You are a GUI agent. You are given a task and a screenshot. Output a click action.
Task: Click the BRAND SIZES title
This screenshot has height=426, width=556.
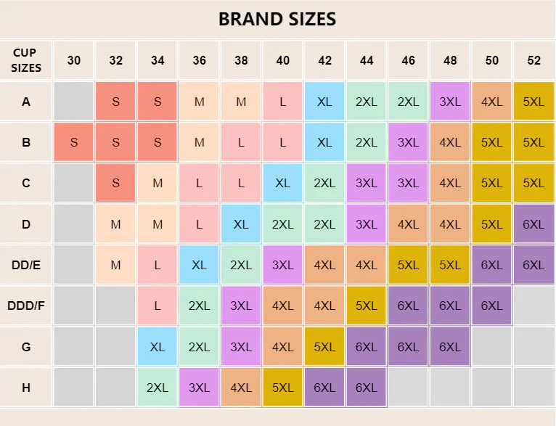(277, 19)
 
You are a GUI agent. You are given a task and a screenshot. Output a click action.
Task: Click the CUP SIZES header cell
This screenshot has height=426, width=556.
(26, 60)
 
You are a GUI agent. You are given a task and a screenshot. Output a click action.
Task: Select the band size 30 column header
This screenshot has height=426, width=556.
(74, 60)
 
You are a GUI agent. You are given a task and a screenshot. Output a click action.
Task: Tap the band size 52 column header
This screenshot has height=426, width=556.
(533, 60)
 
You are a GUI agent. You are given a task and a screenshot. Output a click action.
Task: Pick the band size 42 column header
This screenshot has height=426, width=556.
(324, 60)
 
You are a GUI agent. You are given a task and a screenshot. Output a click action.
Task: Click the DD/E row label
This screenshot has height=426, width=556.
(26, 265)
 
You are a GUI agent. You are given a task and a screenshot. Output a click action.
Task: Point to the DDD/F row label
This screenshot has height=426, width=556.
(26, 306)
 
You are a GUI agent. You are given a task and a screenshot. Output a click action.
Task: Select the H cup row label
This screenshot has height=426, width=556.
(26, 388)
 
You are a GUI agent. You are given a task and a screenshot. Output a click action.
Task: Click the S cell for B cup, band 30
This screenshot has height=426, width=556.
(74, 142)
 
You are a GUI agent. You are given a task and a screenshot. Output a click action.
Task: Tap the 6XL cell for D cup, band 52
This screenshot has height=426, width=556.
(533, 224)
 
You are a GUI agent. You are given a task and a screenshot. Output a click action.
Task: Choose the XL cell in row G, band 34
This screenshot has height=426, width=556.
(158, 347)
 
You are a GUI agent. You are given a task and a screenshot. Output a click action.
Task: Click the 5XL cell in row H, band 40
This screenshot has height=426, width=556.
(282, 388)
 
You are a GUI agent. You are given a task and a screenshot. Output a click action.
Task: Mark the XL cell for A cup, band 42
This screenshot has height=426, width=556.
(324, 102)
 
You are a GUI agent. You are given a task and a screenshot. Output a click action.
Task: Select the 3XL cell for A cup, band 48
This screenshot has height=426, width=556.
(450, 102)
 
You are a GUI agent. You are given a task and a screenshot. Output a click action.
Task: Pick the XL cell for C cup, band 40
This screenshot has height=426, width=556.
(282, 184)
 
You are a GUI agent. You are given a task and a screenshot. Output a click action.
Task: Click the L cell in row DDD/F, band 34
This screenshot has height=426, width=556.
(158, 306)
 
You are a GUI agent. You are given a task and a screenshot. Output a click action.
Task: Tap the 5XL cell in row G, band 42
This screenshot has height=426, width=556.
(324, 347)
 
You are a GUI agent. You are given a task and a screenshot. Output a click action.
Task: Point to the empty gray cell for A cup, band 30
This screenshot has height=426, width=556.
(74, 102)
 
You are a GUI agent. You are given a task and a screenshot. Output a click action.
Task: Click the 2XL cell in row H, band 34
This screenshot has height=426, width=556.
(158, 388)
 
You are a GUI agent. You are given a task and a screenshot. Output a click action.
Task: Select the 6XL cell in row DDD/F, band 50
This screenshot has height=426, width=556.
(492, 306)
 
